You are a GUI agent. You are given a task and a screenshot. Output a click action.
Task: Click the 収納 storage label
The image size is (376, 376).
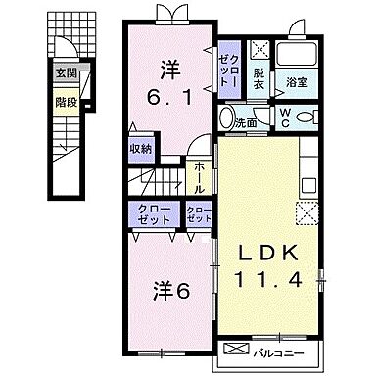(x=140, y=148)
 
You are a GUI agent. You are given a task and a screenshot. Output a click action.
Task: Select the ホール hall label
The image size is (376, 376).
(x=199, y=176)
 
